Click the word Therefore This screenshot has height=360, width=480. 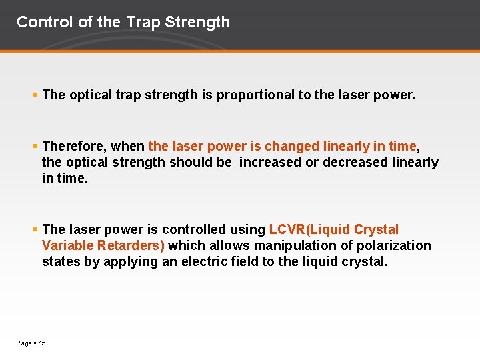[73, 146]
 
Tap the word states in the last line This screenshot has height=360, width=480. [61, 261]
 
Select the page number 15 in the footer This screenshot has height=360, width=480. [42, 343]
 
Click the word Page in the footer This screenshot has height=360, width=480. [24, 343]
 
